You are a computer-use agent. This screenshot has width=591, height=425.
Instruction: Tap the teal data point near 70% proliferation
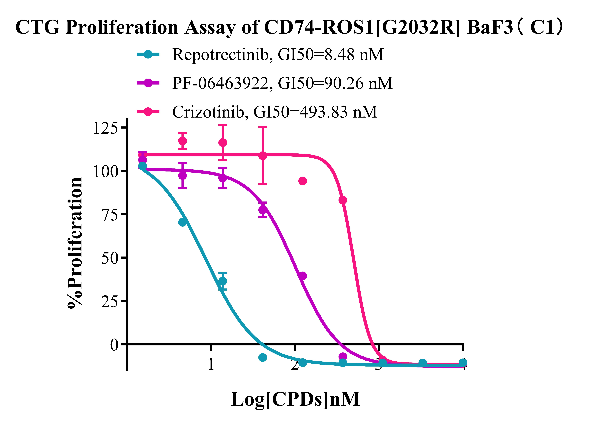(x=182, y=222)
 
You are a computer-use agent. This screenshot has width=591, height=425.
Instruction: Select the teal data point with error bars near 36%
(x=223, y=281)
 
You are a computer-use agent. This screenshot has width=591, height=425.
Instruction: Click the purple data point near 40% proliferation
(x=303, y=276)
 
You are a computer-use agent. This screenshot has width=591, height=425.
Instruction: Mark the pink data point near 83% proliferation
(x=343, y=200)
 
